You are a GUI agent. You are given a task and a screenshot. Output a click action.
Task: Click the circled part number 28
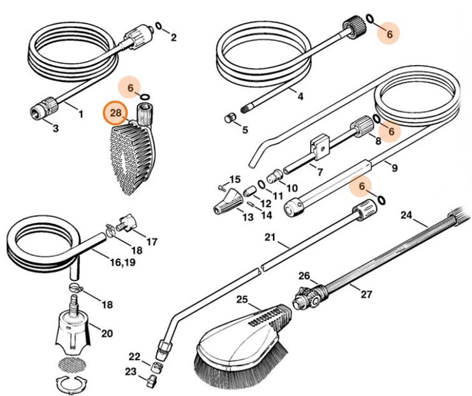coord(115,113)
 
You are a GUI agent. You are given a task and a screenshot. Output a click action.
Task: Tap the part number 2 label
coord(173,38)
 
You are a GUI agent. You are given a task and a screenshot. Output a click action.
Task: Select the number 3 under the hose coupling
coord(55,129)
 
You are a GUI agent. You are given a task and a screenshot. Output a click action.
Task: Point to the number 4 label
coord(300,96)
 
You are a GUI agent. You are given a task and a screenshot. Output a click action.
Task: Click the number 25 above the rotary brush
coord(242,299)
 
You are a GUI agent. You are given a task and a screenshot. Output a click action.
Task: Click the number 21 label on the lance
coord(270,237)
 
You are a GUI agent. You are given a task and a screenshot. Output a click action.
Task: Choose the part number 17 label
coord(152,241)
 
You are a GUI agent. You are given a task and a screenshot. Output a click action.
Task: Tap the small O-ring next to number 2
coord(158,27)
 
